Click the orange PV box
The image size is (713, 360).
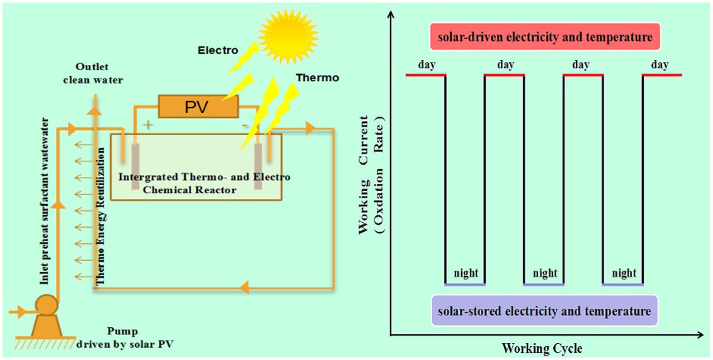pos(198,107)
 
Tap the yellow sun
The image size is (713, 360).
pos(288,36)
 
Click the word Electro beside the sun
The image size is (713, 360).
pos(217,50)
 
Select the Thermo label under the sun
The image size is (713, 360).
pos(317,78)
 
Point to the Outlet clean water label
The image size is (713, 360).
pos(93,73)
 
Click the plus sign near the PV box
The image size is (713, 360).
pos(148,125)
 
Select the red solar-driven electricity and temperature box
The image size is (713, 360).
pos(545,37)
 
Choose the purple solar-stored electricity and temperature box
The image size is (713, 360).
pos(544,311)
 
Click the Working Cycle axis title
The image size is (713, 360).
pos(541,348)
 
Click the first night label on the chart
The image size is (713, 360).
pos(466,273)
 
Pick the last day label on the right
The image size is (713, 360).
pos(660,65)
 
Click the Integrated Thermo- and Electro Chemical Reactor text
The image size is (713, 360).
pos(204,183)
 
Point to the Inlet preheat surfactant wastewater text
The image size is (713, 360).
pos(44,201)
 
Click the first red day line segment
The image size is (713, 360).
pos(426,75)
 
